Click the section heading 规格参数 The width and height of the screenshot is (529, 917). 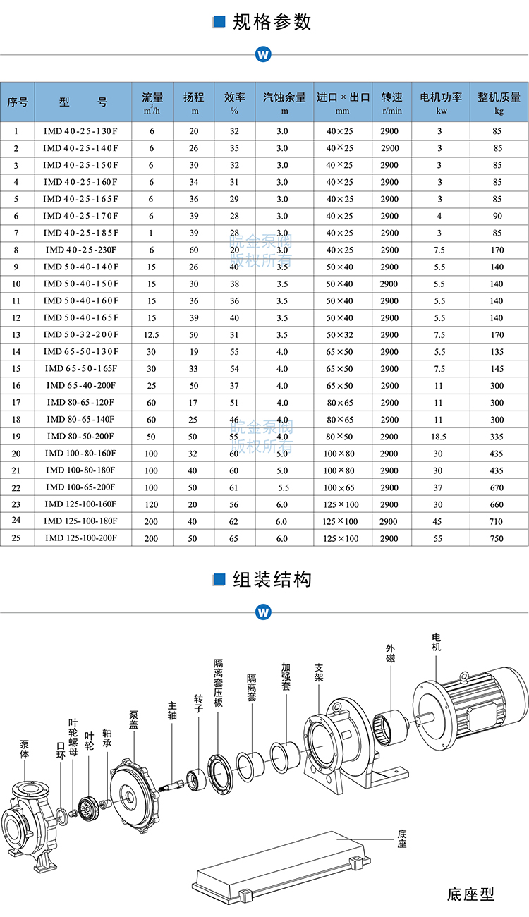click(x=272, y=22)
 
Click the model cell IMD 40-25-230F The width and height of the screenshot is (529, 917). click(x=81, y=250)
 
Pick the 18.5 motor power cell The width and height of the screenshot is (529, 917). click(x=439, y=437)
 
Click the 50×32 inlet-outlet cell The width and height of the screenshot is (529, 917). click(x=339, y=335)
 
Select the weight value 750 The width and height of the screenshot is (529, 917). click(x=497, y=538)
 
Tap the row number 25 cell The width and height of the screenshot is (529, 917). click(x=17, y=538)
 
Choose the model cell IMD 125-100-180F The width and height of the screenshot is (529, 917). click(x=81, y=521)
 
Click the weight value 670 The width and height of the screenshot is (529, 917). click(x=497, y=487)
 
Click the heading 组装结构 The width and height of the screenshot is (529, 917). click(x=272, y=580)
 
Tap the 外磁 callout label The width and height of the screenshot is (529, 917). click(x=390, y=653)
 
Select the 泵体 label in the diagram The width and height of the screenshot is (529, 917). click(x=25, y=749)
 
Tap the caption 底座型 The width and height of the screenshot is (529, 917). click(x=470, y=894)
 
